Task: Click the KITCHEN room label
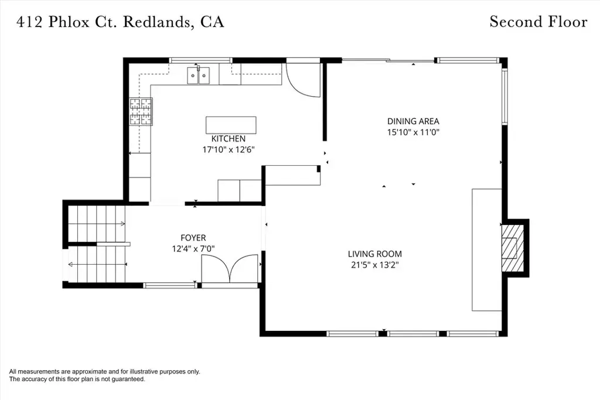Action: point(229,138)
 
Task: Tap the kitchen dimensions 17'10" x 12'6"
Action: point(229,149)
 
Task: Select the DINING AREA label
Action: point(413,121)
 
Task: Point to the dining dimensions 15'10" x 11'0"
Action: point(413,132)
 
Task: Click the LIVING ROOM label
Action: point(375,254)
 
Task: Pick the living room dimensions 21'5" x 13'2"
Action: point(375,265)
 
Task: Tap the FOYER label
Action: point(193,238)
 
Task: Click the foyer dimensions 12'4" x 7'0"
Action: point(193,249)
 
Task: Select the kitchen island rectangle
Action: point(231,125)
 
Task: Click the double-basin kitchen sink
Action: point(199,76)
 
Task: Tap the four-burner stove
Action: point(141,112)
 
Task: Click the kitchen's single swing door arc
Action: point(303,80)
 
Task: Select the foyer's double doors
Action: point(230,269)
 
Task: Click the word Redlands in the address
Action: point(156,22)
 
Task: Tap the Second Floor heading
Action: point(538,22)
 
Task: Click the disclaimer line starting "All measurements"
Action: point(104,371)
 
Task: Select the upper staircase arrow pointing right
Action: point(97,224)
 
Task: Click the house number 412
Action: point(29,22)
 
